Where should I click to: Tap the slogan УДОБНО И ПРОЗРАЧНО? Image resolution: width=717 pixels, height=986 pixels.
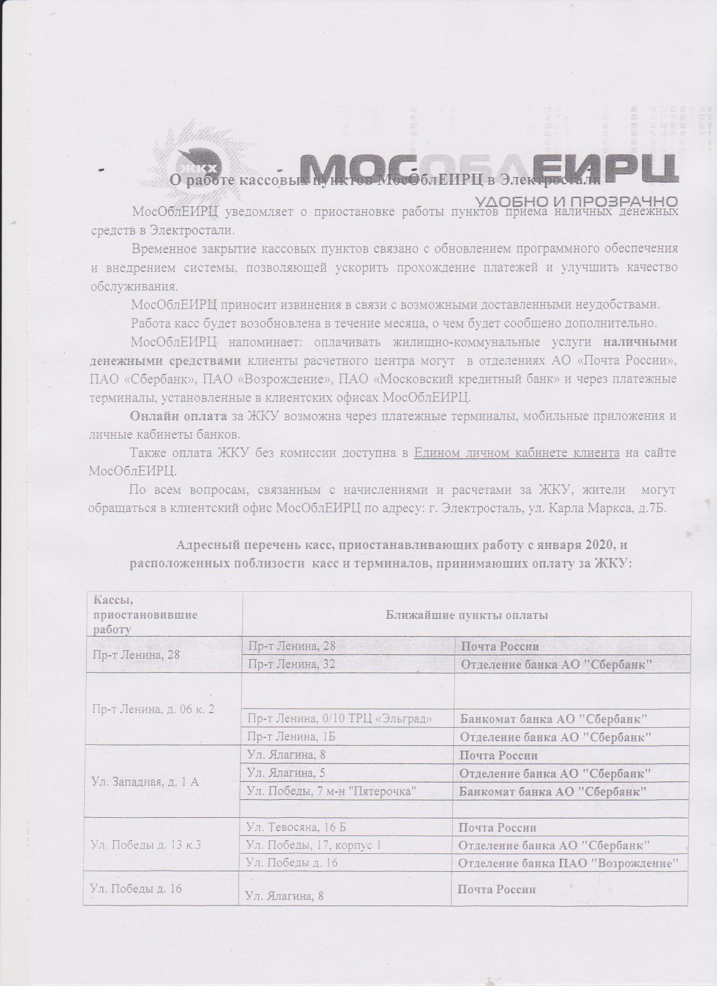(x=576, y=201)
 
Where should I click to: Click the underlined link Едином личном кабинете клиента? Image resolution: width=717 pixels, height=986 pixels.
(x=516, y=453)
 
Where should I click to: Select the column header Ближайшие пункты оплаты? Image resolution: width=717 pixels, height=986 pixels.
(x=466, y=615)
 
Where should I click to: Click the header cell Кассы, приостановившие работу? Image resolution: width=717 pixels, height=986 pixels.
(x=145, y=615)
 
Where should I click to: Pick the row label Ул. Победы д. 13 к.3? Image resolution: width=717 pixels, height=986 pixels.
(x=146, y=845)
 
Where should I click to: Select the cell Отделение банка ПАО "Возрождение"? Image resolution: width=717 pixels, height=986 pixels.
(x=566, y=863)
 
